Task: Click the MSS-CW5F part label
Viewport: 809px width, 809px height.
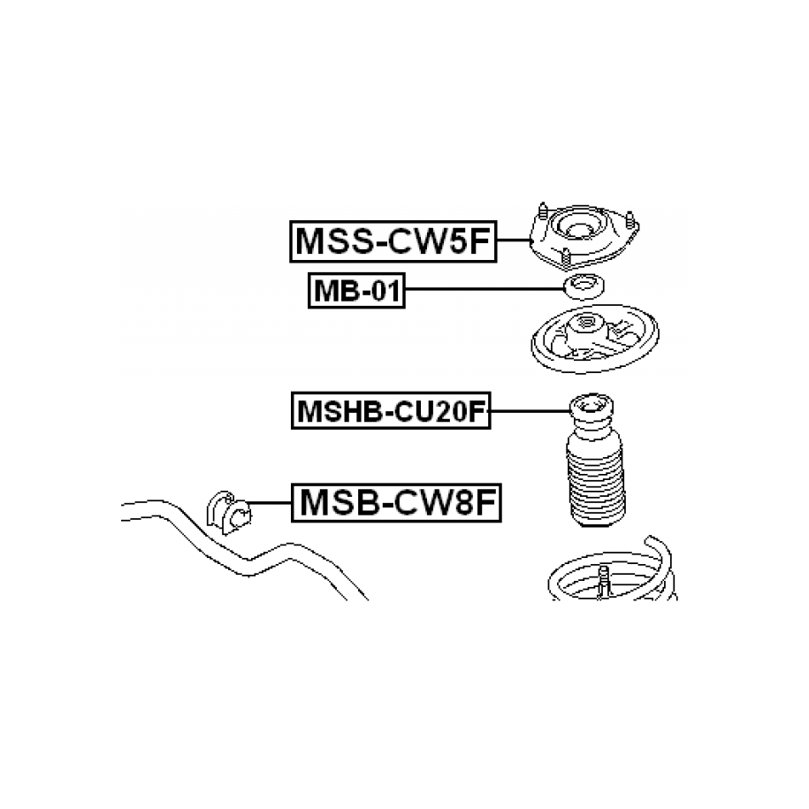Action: pyautogui.click(x=393, y=241)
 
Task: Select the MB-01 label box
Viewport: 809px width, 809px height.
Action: pyautogui.click(x=356, y=291)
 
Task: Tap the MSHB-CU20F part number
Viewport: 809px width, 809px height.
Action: pyautogui.click(x=391, y=411)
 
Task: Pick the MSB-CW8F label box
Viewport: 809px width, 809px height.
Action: pyautogui.click(x=396, y=502)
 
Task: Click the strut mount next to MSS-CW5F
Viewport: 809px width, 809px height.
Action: pyautogui.click(x=584, y=236)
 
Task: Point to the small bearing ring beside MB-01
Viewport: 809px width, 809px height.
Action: pyautogui.click(x=584, y=286)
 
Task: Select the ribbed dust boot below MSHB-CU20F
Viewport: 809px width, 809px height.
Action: pyautogui.click(x=595, y=461)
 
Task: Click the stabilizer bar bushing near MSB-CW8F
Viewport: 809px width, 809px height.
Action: pyautogui.click(x=228, y=512)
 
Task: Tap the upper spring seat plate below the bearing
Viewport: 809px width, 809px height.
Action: pyautogui.click(x=595, y=338)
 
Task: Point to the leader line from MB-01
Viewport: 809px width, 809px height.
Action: pyautogui.click(x=485, y=289)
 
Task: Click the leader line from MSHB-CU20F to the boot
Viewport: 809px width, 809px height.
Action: pyautogui.click(x=530, y=411)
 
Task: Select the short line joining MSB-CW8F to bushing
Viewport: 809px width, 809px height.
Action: pyautogui.click(x=271, y=502)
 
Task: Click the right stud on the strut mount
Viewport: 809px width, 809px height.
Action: pyautogui.click(x=630, y=221)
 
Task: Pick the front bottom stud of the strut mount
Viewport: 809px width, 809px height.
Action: pyautogui.click(x=566, y=258)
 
